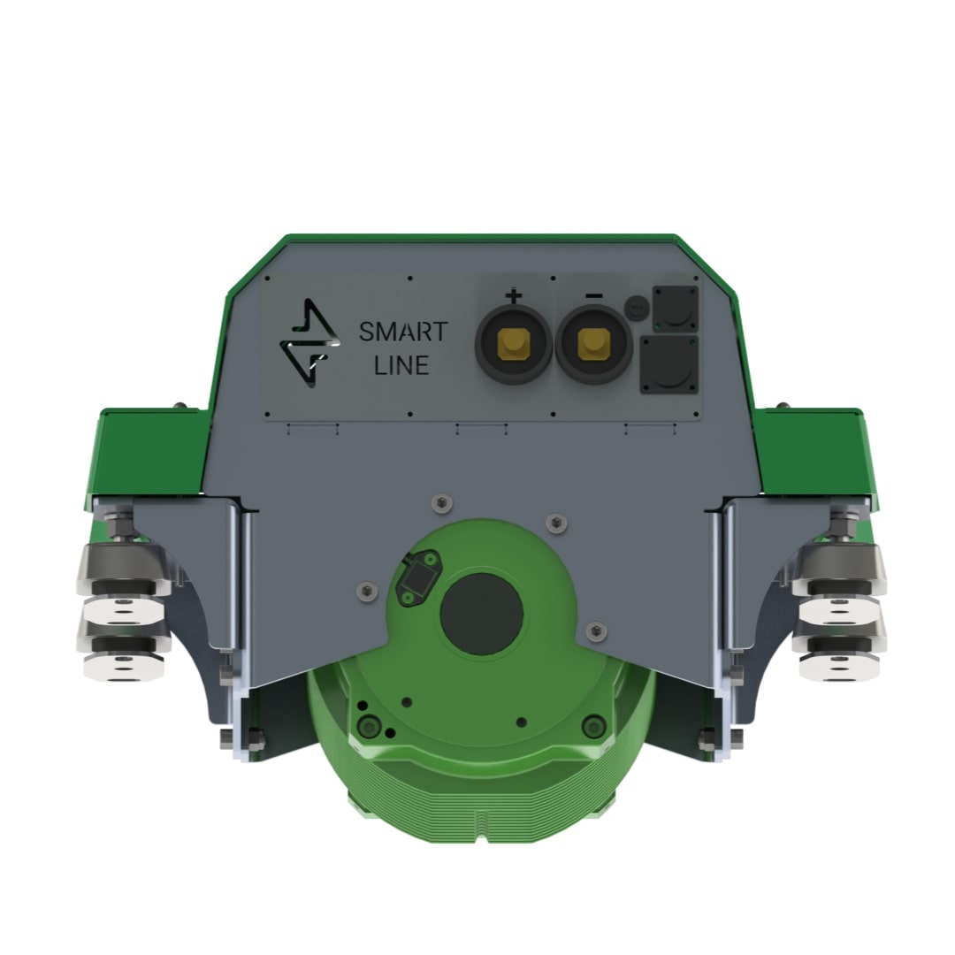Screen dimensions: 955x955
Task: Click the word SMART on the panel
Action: tap(402, 333)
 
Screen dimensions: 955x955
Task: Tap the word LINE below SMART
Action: tap(401, 364)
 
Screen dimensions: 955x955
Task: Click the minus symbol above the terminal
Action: tap(594, 296)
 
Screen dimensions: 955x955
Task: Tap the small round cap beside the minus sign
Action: tap(636, 308)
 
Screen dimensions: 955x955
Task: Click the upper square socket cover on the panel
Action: tap(675, 308)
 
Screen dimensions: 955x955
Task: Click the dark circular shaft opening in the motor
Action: tap(481, 614)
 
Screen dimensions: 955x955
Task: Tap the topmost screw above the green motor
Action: tap(439, 502)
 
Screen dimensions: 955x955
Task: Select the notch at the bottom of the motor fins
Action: tap(481, 821)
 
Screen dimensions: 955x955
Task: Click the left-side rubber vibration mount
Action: tap(124, 610)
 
